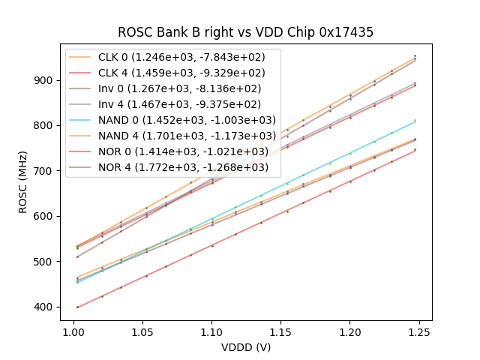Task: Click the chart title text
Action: pyautogui.click(x=245, y=32)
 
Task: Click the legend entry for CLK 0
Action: pyautogui.click(x=172, y=58)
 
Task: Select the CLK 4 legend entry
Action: pyautogui.click(x=172, y=73)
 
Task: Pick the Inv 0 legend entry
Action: pyautogui.click(x=172, y=88)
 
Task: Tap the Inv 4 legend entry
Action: pyautogui.click(x=172, y=104)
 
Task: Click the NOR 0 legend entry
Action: pyautogui.click(x=172, y=151)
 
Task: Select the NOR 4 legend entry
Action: pyautogui.click(x=172, y=166)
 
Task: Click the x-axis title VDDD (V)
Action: pyautogui.click(x=245, y=347)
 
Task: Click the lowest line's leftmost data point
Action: pyautogui.click(x=77, y=307)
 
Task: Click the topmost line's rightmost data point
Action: pyautogui.click(x=414, y=55)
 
